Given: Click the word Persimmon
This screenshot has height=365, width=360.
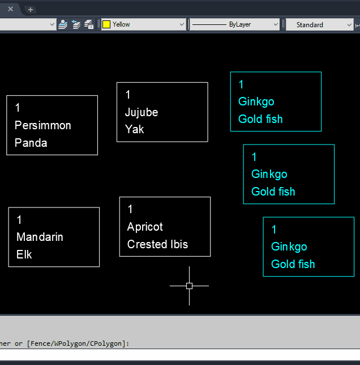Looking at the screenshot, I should pos(43,125).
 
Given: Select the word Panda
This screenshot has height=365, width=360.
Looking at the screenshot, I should pos(31,143).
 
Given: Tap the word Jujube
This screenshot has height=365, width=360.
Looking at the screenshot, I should pos(142,112).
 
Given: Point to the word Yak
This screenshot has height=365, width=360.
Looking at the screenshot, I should pos(135,129).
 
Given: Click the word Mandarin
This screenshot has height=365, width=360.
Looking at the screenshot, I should pos(40,237).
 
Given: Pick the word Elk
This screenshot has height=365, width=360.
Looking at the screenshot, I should pos(24,254).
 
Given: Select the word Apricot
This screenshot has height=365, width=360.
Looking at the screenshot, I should pos(145,227).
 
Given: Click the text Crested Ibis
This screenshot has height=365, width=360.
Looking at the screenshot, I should pos(157,244).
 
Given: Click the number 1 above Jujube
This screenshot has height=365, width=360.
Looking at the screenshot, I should pos(128,95).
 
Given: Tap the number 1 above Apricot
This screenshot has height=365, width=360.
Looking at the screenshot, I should pos(130,209).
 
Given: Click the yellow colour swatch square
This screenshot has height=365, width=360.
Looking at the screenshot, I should pos(106,24).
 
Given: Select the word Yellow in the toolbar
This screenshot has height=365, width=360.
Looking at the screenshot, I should pos(121,24).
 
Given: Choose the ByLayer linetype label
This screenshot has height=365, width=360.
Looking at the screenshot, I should pos(240,24).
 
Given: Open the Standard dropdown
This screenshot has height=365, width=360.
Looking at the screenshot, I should pos(319,24).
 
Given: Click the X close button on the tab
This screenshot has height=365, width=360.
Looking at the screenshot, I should pos(10,9).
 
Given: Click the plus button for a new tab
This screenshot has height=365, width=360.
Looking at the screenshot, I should pos(31,9).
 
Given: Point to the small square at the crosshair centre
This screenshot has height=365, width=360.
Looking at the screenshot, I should pos(189,286).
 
